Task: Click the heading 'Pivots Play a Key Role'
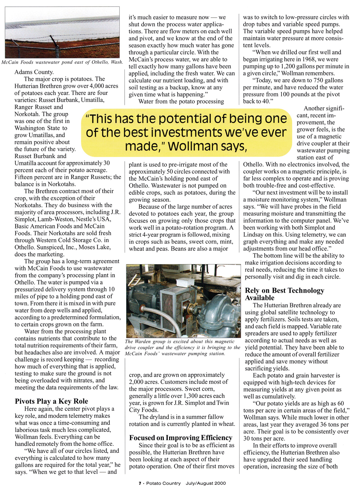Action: click(x=51, y=401)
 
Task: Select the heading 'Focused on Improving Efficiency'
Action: click(x=181, y=438)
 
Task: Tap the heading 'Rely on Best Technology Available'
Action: click(x=284, y=294)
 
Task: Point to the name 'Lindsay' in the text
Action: click(x=253, y=234)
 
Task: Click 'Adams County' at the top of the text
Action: click(x=34, y=72)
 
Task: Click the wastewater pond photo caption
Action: click(x=62, y=62)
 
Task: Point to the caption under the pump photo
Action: click(x=183, y=347)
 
